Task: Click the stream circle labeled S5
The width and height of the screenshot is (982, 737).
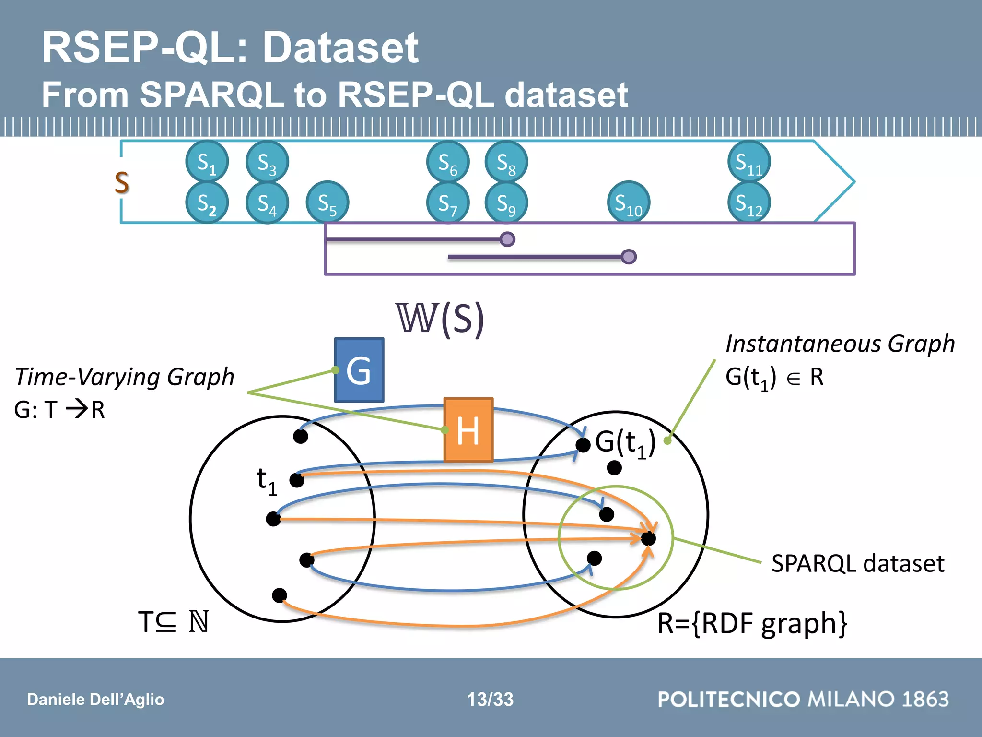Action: point(327,202)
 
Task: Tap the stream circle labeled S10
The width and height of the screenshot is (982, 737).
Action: point(629,202)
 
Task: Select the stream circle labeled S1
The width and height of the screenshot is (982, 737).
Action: point(207,162)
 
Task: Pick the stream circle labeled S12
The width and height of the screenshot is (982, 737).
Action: point(749,202)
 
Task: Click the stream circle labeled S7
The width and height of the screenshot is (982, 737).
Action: point(448,202)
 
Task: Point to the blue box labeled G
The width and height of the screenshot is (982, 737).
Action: point(359,370)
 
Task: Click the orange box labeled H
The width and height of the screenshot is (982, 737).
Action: point(468,430)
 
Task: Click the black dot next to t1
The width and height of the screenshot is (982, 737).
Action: point(297,480)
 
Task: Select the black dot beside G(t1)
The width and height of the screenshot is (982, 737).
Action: point(583,445)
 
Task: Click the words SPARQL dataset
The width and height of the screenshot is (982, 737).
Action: point(857,563)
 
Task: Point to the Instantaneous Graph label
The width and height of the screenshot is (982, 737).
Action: point(840,344)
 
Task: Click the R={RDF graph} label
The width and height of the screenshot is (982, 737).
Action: point(752,623)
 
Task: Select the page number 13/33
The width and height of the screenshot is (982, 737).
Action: point(490,699)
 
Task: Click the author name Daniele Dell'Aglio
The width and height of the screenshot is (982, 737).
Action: point(95,700)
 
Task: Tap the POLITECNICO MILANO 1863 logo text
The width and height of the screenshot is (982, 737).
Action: point(803,699)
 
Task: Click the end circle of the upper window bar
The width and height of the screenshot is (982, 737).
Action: point(507,239)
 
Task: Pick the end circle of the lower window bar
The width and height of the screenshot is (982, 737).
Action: point(629,257)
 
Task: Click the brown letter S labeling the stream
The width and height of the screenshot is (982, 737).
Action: point(122,183)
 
